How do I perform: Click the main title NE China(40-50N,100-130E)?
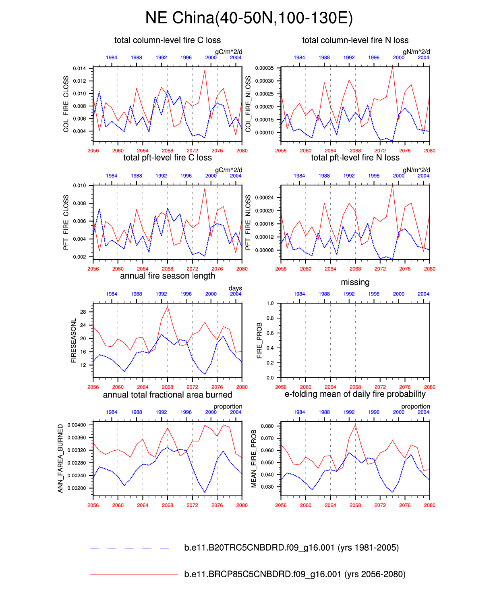pyautogui.click(x=249, y=18)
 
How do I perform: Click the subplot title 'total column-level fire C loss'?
pyautogui.click(x=168, y=40)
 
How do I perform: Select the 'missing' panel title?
pyautogui.click(x=355, y=282)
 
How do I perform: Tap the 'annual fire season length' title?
pyautogui.click(x=168, y=276)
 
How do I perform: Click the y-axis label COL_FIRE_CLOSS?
pyautogui.click(x=66, y=104)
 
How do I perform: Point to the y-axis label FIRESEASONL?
pyautogui.click(x=73, y=341)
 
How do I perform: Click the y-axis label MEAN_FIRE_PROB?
pyautogui.click(x=254, y=458)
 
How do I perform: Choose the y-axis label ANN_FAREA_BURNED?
pyautogui.click(x=60, y=458)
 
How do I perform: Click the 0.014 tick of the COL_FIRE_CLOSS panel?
pyautogui.click(x=79, y=69)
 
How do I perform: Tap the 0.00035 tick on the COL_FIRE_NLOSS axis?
pyautogui.click(x=265, y=68)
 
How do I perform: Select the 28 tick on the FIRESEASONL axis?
pyautogui.click(x=83, y=312)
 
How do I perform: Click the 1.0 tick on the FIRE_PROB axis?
pyautogui.click(x=270, y=303)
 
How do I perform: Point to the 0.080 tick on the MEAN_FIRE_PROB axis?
pyautogui.click(x=267, y=426)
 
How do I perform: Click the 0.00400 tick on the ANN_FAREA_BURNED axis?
pyautogui.click(x=77, y=425)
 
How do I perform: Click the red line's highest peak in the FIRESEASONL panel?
pyautogui.click(x=168, y=307)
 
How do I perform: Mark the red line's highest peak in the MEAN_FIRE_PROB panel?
pyautogui.click(x=355, y=425)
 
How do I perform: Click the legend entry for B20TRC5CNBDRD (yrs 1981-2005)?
pyautogui.click(x=291, y=547)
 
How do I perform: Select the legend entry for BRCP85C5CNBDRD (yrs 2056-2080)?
pyautogui.click(x=294, y=574)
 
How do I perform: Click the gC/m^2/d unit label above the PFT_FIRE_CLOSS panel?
pyautogui.click(x=228, y=170)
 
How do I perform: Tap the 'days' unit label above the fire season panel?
pyautogui.click(x=235, y=288)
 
